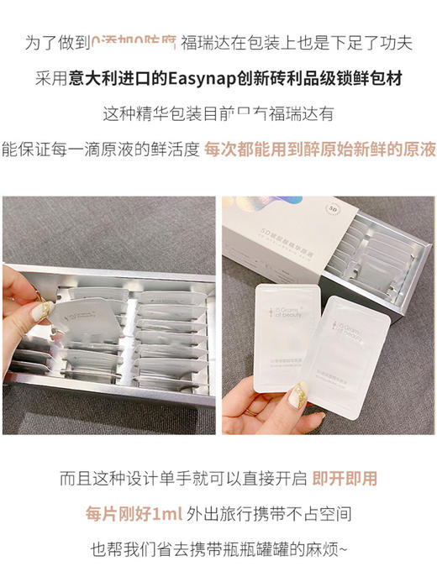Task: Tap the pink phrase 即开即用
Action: [x=345, y=480]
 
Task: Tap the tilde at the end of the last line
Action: [x=341, y=550]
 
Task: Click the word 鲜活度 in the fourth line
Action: [x=175, y=149]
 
